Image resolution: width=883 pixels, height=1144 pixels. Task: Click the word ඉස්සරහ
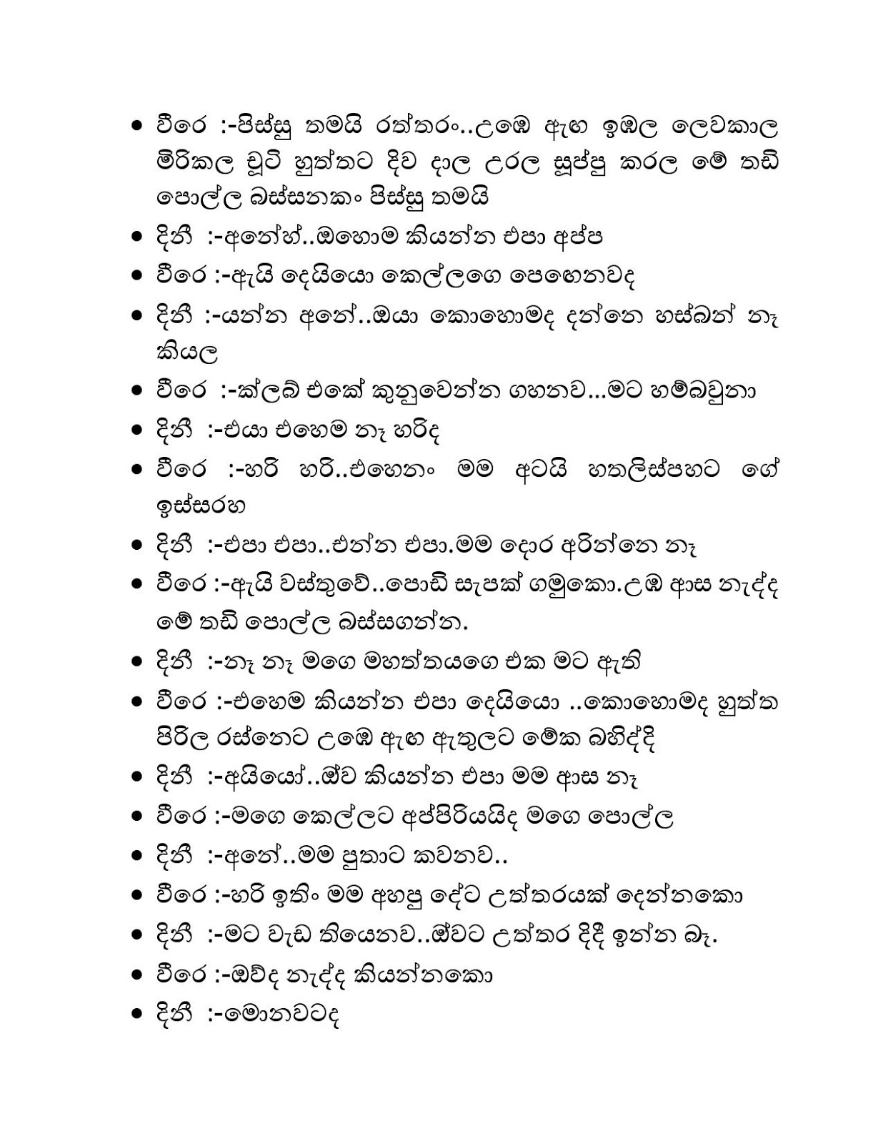point(201,507)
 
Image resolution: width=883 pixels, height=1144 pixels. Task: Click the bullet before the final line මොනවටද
point(138,1015)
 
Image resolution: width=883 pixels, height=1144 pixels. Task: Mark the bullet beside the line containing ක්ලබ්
point(138,391)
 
